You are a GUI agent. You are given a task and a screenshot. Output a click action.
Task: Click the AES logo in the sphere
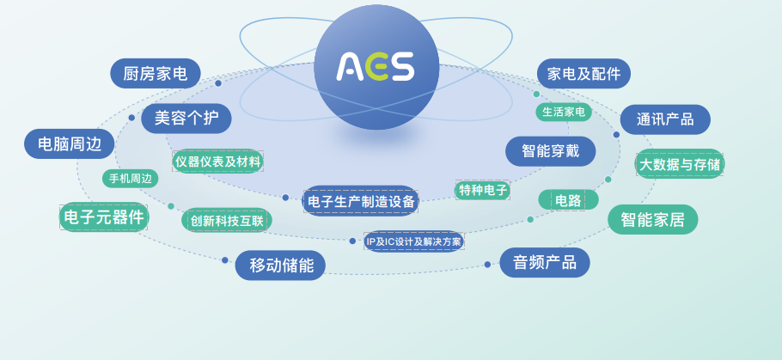[x=375, y=66]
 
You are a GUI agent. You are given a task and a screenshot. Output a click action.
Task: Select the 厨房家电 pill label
[x=155, y=73]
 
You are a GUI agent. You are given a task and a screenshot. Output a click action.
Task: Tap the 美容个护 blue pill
[x=186, y=119]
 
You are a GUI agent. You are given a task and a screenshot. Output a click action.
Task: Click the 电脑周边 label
[x=70, y=143]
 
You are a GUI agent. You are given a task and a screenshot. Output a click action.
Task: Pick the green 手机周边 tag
[x=130, y=179]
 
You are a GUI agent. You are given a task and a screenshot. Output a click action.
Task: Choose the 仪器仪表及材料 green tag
[x=218, y=162]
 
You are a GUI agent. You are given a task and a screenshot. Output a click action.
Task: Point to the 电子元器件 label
[x=104, y=217]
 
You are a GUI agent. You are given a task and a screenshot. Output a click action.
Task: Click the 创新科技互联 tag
[x=226, y=220]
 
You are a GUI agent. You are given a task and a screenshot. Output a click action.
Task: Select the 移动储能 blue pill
[x=280, y=265]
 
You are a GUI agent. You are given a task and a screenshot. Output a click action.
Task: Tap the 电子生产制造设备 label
[x=361, y=201]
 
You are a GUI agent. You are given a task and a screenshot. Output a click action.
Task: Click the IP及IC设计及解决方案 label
[x=413, y=241]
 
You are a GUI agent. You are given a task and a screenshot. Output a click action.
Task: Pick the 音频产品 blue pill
[x=545, y=262]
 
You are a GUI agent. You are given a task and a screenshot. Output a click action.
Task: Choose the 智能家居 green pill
[x=653, y=219]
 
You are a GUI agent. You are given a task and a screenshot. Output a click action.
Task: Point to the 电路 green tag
[x=568, y=200]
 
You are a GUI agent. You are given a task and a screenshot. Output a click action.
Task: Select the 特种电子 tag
[x=482, y=190]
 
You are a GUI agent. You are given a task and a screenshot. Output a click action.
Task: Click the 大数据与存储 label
[x=680, y=164]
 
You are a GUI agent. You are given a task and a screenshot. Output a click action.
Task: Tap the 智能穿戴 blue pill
[x=551, y=151]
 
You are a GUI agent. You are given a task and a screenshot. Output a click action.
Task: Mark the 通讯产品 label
[x=665, y=119]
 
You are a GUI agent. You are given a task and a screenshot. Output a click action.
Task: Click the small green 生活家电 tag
[x=564, y=112]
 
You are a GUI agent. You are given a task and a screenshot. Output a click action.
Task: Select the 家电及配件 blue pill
[x=583, y=73]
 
